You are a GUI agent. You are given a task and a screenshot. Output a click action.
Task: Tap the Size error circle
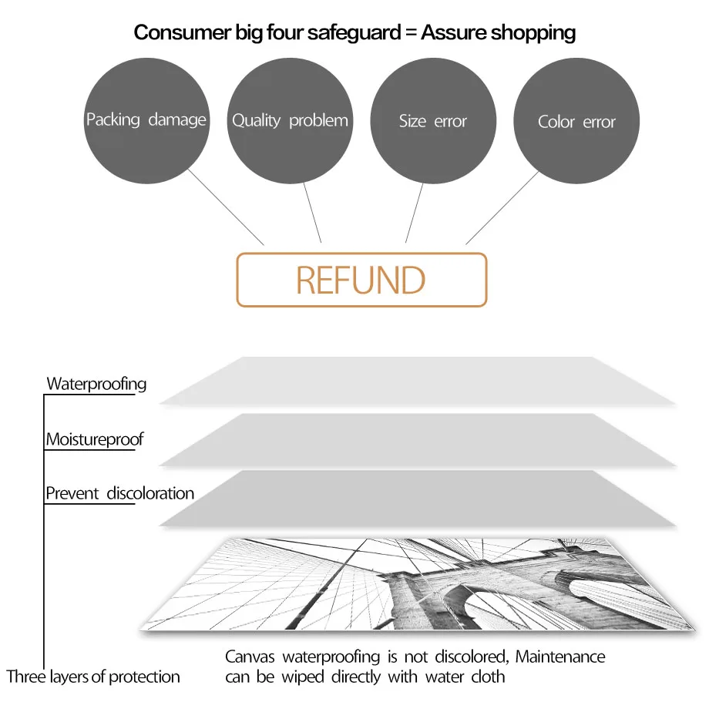(433, 121)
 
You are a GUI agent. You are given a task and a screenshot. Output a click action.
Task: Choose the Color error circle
(576, 122)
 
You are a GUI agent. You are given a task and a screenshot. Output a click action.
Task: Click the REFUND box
(361, 280)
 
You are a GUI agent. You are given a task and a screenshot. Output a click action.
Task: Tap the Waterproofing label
(96, 384)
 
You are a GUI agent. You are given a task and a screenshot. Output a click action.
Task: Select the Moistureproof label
(94, 440)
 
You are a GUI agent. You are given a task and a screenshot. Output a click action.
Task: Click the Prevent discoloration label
(119, 493)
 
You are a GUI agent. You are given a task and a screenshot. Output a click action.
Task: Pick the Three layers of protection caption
(93, 677)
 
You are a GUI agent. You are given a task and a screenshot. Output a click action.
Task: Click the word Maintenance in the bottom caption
(560, 657)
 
